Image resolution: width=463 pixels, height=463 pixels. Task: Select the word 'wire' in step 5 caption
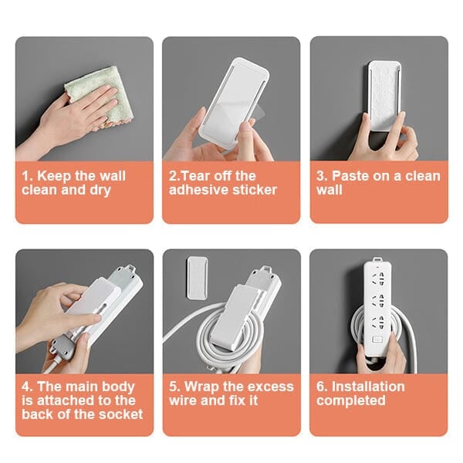pyautogui.click(x=184, y=400)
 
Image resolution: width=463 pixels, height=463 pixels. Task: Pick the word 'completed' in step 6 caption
pyautogui.click(x=350, y=400)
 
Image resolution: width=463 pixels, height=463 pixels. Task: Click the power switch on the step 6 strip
pyautogui.click(x=377, y=340)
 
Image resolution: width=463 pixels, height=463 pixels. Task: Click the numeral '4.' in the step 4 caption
pyautogui.click(x=27, y=386)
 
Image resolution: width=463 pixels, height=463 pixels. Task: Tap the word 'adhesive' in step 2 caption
pyautogui.click(x=194, y=190)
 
